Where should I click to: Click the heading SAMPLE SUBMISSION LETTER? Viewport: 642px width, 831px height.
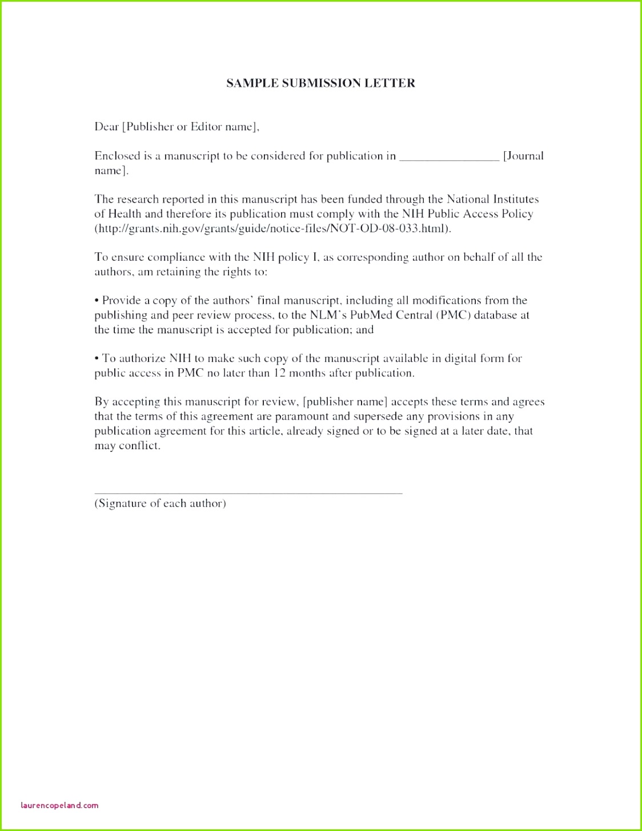[320, 83]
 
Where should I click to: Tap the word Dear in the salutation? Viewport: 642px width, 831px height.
[106, 127]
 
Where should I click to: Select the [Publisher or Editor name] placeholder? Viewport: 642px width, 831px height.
[191, 127]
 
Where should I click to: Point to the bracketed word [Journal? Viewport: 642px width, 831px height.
[523, 156]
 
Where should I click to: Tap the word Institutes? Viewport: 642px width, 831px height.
[513, 199]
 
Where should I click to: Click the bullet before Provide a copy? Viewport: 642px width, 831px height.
[97, 301]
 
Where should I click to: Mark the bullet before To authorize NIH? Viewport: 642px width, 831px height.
[97, 358]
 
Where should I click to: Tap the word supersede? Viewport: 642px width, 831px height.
[373, 417]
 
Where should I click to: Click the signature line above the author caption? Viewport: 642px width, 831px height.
[248, 493]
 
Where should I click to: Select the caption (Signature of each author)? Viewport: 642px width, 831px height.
[160, 503]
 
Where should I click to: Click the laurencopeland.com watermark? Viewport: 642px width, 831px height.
[59, 805]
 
